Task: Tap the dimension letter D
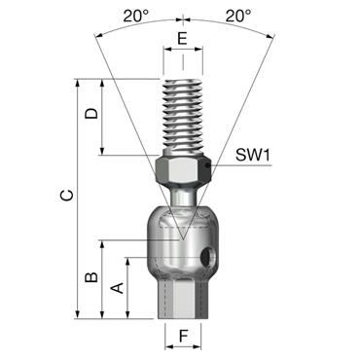(x=90, y=114)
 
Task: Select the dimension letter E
(x=181, y=40)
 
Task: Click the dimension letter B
(x=90, y=278)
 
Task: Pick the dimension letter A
(x=117, y=287)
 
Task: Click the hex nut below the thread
(x=181, y=171)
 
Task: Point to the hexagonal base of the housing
(x=181, y=297)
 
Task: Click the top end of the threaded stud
(x=181, y=80)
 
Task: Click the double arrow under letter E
(x=181, y=55)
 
